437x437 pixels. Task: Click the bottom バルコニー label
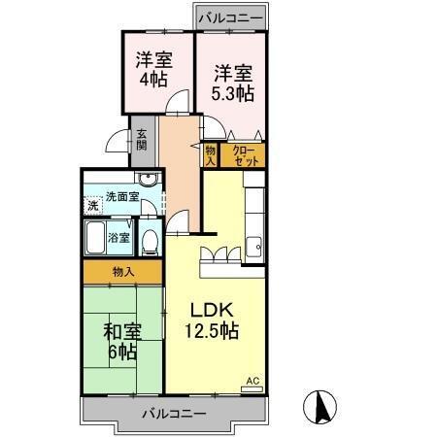(x=174, y=413)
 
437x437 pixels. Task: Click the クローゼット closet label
(x=244, y=154)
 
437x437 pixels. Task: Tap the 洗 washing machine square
(x=92, y=205)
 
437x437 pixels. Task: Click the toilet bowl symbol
(x=151, y=239)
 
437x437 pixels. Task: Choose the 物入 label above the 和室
(x=122, y=273)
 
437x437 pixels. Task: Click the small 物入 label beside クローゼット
(x=211, y=154)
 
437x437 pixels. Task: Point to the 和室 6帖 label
(x=122, y=342)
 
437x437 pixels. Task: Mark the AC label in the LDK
(x=252, y=381)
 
